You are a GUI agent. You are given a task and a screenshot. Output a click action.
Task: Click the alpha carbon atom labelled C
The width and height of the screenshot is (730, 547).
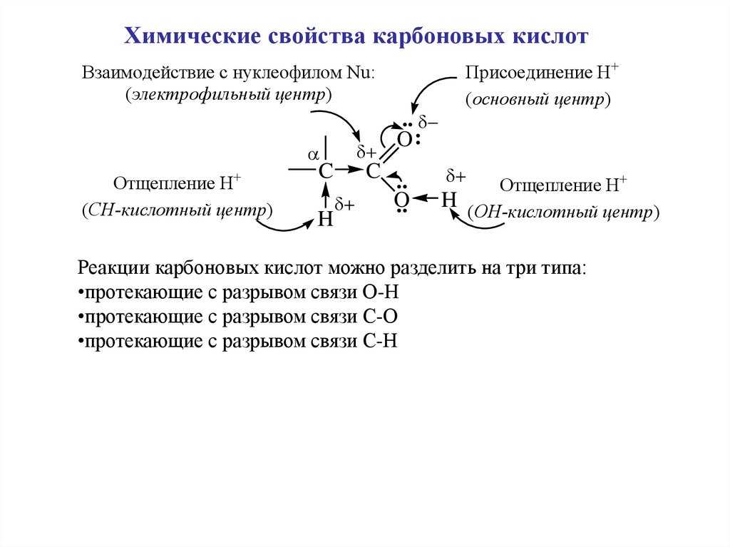[325, 171]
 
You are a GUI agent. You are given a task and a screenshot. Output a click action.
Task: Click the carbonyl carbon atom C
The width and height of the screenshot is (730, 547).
[373, 171]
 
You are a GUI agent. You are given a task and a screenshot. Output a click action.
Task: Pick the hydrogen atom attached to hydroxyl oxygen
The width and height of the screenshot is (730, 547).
[448, 200]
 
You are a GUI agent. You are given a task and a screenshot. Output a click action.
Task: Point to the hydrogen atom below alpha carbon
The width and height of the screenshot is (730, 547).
[325, 219]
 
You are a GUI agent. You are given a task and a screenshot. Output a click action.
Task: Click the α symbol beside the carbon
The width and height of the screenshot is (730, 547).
[311, 154]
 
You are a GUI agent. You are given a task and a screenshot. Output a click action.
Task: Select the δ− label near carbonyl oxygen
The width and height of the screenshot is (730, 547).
[428, 123]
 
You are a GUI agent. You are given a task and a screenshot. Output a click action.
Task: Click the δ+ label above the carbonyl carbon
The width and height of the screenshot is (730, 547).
[366, 153]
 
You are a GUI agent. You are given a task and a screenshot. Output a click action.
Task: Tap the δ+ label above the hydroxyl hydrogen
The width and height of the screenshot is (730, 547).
[456, 176]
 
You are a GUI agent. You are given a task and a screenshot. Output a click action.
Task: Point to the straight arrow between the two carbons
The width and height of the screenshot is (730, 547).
[349, 170]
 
